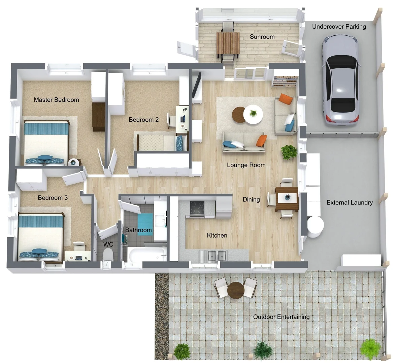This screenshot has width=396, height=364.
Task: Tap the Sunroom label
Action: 262,37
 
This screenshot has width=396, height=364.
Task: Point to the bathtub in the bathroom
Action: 147,254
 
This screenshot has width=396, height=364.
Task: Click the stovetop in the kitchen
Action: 197,208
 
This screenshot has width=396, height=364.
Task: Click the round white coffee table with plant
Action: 253,114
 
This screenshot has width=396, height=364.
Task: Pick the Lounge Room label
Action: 246,165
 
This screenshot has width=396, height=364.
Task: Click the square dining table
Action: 287,198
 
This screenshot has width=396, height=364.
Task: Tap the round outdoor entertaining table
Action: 235,290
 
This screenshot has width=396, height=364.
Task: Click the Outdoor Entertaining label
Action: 281,317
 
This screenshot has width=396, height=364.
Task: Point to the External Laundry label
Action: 350,203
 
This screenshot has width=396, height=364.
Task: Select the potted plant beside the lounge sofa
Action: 289,152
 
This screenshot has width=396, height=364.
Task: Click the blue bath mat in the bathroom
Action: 145,221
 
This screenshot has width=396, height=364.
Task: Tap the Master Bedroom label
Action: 56,100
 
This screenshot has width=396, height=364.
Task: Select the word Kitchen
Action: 217,235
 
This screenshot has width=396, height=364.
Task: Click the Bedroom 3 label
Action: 53,198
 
